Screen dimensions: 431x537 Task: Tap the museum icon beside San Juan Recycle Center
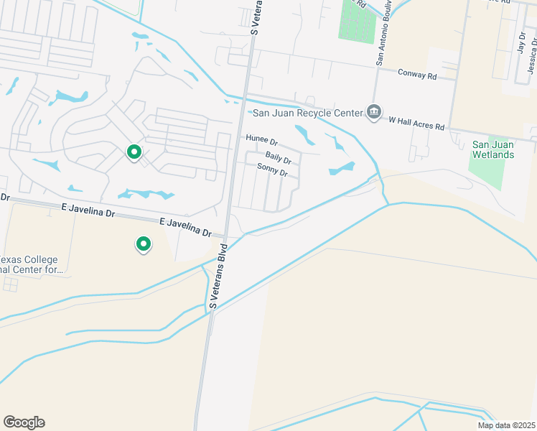click(373, 112)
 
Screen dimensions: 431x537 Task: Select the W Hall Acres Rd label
click(417, 122)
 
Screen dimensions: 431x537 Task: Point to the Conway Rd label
click(418, 75)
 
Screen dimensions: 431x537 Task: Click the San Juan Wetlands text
click(493, 149)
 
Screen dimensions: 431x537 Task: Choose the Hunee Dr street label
click(261, 140)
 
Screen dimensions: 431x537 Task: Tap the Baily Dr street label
click(278, 157)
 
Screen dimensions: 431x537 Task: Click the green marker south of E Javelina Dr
click(144, 245)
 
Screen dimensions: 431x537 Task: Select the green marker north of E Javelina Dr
click(134, 152)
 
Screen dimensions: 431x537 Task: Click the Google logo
click(24, 422)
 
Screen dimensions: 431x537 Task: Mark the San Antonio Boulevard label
click(385, 32)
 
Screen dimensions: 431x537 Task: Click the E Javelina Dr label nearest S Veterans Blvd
click(186, 228)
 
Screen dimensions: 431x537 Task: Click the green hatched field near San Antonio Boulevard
click(356, 22)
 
